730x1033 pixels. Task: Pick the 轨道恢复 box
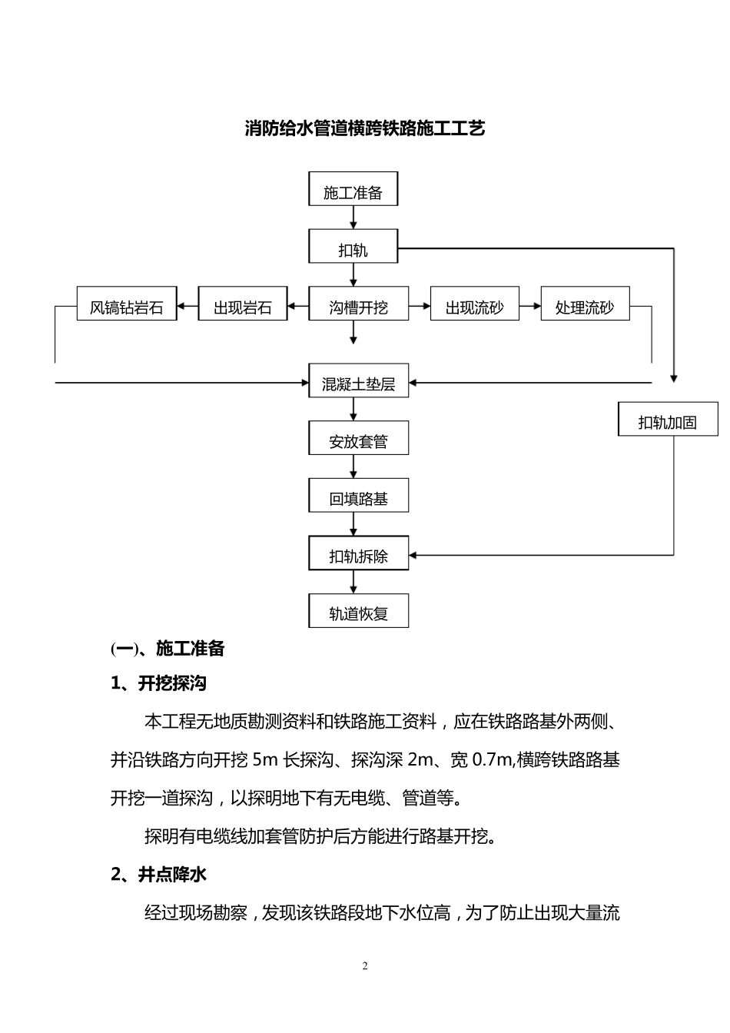358,612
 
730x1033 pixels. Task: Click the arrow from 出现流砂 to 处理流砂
530,306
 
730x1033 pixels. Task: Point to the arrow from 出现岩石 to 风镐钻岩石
187,306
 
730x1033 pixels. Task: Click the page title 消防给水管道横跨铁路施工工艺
364,128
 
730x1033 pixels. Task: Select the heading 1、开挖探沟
158,683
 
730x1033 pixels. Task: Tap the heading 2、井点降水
158,874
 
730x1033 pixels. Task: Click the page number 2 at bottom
365,966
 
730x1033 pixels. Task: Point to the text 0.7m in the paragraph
492,760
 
